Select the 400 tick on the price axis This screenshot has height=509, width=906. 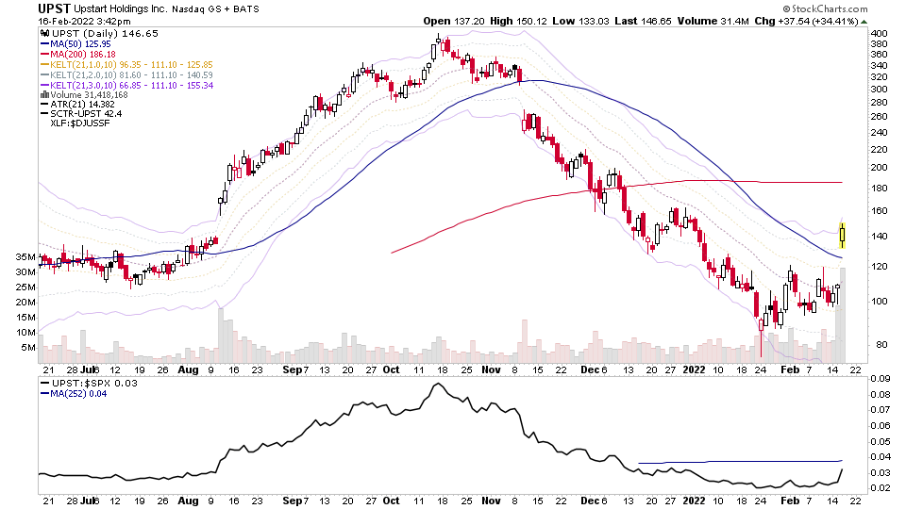coord(878,33)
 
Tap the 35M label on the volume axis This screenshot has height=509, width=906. coord(25,256)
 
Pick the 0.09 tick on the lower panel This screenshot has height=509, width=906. coord(880,379)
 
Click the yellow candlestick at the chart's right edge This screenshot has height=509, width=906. coord(842,234)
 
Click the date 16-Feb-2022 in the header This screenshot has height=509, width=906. coord(72,21)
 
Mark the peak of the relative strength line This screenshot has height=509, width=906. coord(436,385)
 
